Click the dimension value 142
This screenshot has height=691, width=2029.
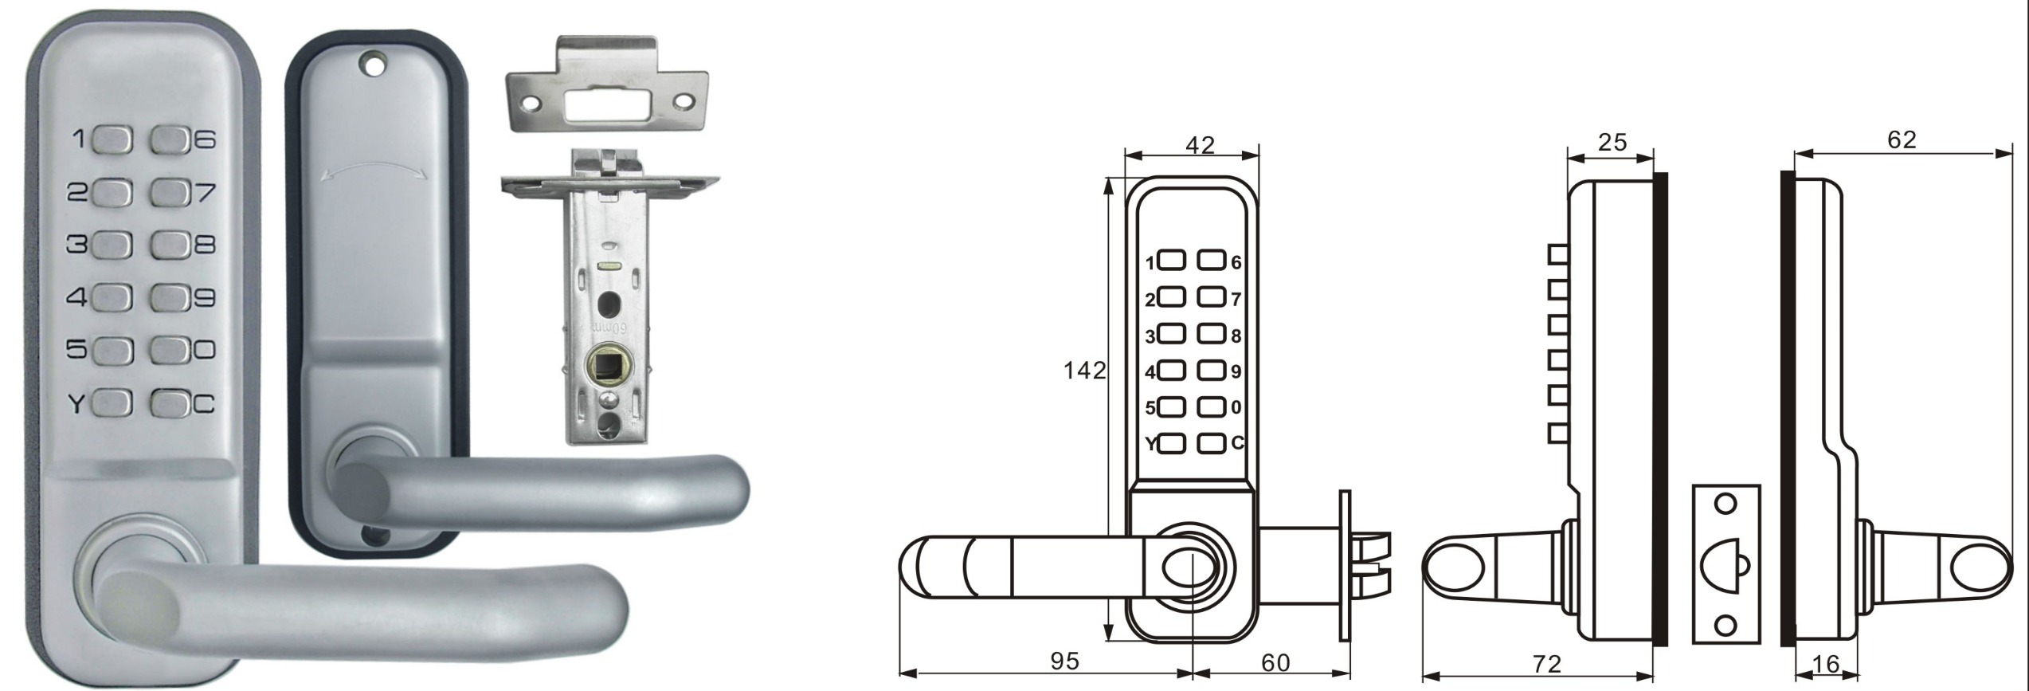point(1084,371)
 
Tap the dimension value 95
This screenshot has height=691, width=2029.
point(1064,662)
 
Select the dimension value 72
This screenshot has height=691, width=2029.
point(1547,665)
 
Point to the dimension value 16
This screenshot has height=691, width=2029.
point(1825,664)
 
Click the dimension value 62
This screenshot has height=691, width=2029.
point(1902,140)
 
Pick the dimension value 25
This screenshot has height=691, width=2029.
point(1612,143)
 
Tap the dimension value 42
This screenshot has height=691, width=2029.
point(1200,145)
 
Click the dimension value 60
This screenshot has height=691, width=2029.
point(1275,663)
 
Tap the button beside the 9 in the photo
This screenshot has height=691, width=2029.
point(169,298)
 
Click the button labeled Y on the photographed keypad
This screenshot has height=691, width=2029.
point(112,403)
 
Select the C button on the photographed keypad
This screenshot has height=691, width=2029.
point(169,403)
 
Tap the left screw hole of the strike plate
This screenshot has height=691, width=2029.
point(530,102)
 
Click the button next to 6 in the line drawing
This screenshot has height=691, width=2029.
point(1211,261)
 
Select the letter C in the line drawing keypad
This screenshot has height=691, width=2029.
point(1237,442)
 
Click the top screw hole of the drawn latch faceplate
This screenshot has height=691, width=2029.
point(1725,505)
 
